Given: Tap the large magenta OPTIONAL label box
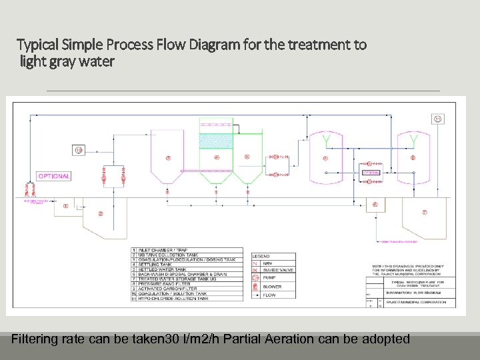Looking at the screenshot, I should (53, 176).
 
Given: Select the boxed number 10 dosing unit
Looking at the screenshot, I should (79, 149).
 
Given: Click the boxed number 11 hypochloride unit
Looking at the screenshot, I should (438, 119).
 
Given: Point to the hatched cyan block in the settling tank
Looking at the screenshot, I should (216, 141).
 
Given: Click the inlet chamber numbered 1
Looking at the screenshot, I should (65, 206).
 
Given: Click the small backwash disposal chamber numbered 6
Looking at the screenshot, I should (375, 205).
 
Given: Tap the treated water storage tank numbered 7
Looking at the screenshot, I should (425, 213).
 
